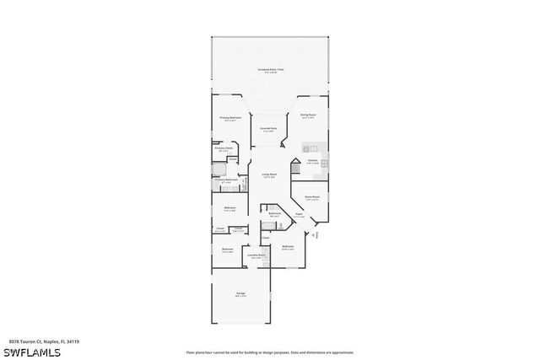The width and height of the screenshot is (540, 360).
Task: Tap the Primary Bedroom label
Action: [x=230, y=119]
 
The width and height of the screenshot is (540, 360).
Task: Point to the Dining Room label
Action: [x=308, y=116]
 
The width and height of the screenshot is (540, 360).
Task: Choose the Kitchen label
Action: [x=312, y=161]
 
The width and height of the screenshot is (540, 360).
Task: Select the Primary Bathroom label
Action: [x=226, y=180]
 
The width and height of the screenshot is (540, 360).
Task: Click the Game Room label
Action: [x=312, y=198]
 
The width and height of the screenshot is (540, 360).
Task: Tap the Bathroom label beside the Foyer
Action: [x=274, y=214]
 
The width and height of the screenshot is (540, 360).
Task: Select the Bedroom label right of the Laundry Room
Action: [x=288, y=248]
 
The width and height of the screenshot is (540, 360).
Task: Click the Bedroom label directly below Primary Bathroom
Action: [x=229, y=209]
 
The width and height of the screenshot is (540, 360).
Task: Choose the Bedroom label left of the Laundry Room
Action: [x=227, y=250]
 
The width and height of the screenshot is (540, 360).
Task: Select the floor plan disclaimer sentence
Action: [x=270, y=352]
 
